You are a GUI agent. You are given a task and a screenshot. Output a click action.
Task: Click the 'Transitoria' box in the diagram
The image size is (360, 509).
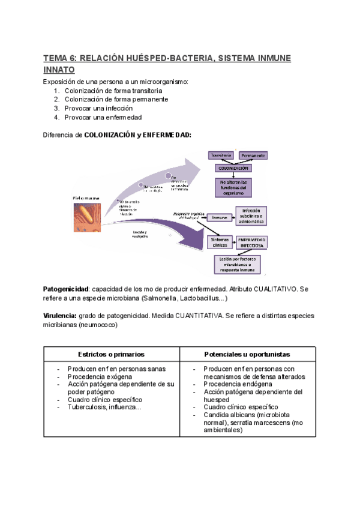point(220,155)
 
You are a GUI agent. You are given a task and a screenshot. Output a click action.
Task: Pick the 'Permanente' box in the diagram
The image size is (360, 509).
point(253,156)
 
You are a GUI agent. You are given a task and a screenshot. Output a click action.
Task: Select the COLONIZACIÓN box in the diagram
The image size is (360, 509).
point(233,168)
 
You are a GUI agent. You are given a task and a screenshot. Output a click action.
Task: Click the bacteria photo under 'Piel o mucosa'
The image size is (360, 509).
point(89,217)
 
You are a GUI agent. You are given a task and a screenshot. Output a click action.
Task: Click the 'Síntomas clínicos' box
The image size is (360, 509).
point(218,241)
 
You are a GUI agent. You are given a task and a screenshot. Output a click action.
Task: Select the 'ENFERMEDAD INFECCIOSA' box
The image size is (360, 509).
point(253,242)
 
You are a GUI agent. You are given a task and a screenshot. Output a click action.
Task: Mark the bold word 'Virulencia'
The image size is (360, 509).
point(59,316)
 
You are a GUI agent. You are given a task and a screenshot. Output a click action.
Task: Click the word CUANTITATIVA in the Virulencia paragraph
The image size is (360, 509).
point(194,316)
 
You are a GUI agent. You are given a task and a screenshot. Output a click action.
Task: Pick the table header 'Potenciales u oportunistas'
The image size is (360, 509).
point(247,354)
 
